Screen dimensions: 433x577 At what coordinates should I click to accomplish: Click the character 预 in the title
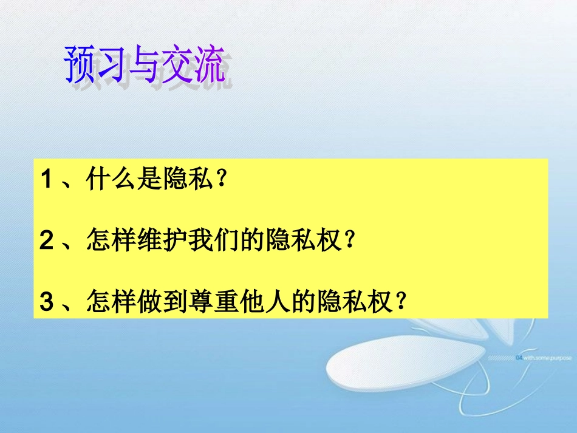pos(80,64)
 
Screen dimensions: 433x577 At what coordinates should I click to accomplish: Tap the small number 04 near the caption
pos(518,358)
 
